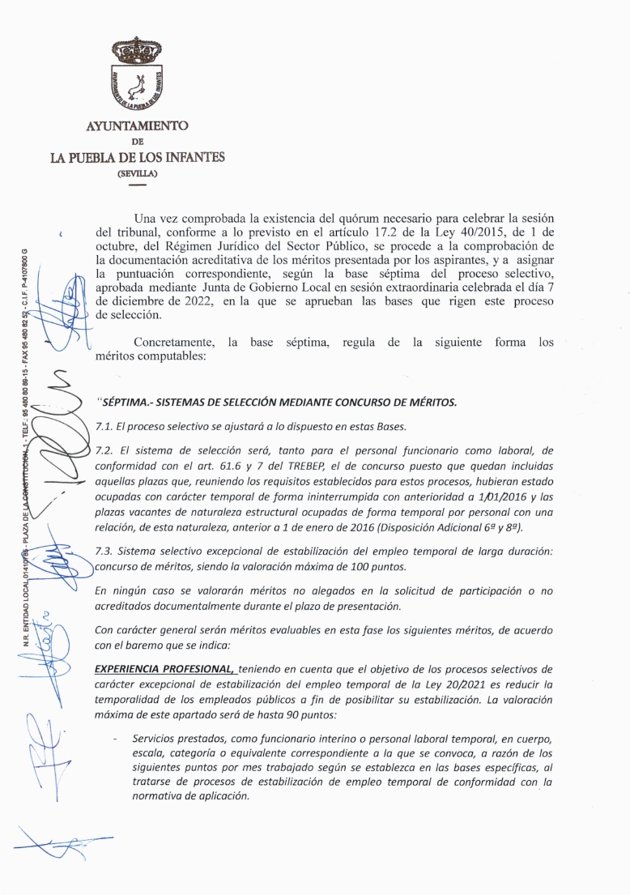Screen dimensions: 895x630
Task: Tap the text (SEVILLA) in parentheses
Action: click(x=137, y=173)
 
